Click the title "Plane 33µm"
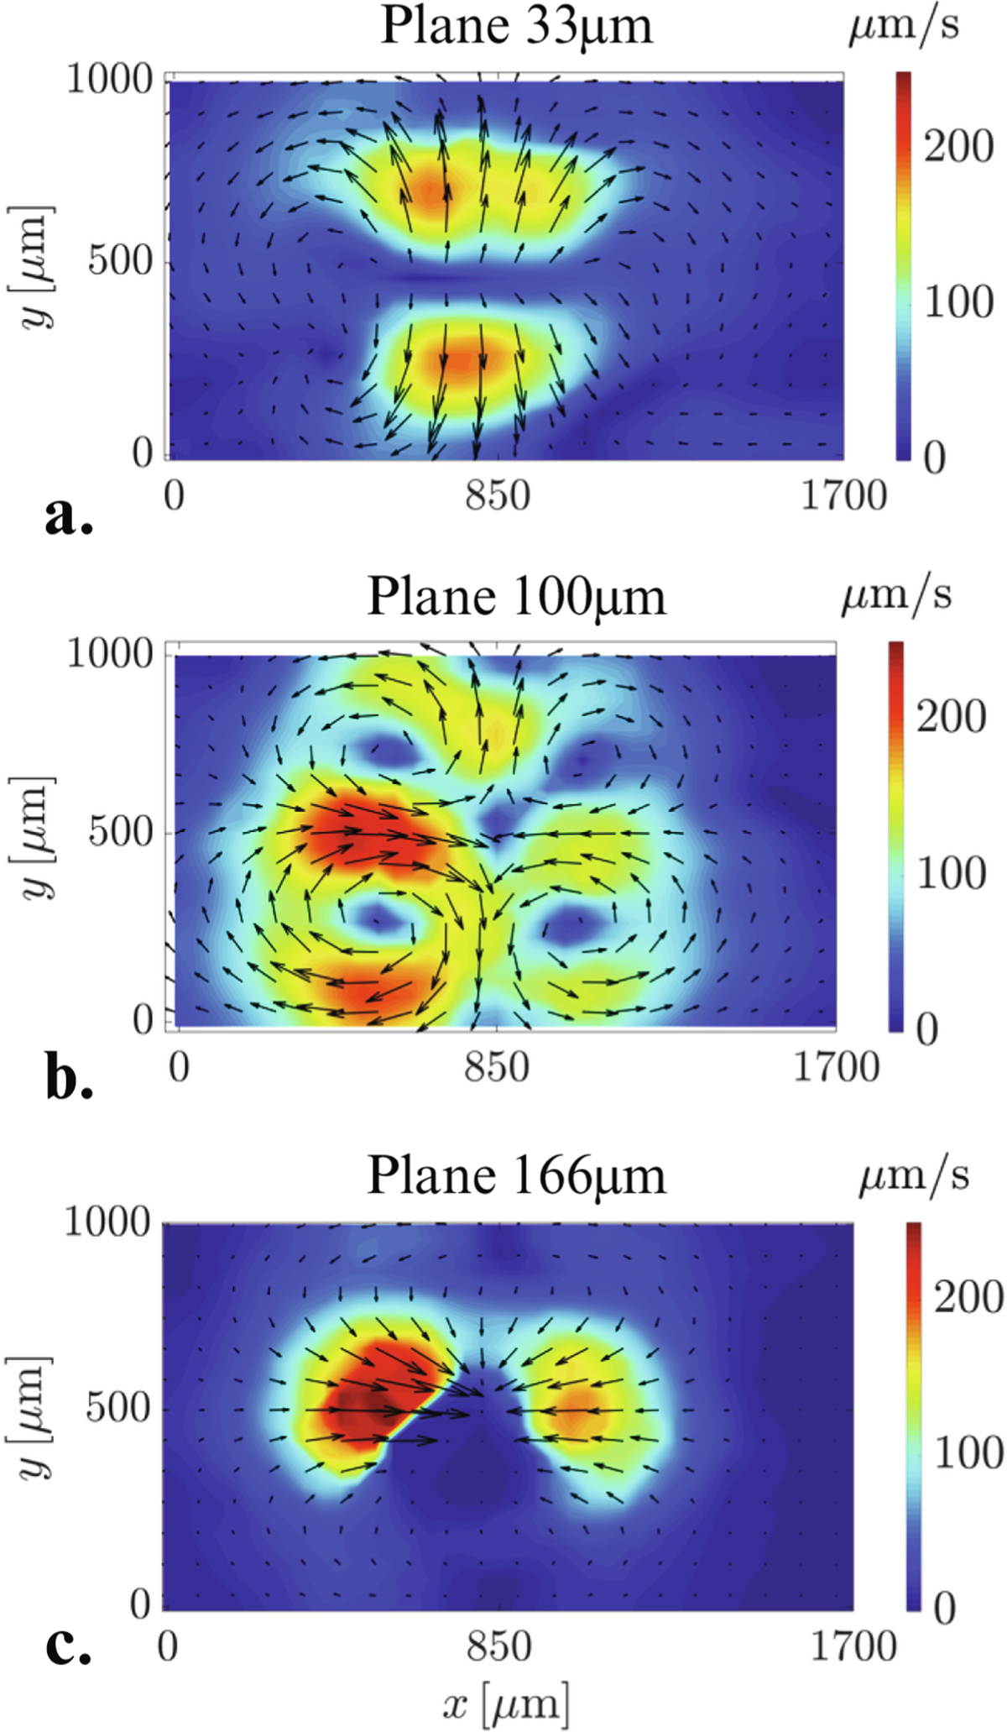pyautogui.click(x=516, y=27)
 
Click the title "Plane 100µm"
pyautogui.click(x=516, y=598)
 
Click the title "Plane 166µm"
pyautogui.click(x=516, y=1175)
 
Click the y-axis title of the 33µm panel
pyautogui.click(x=35, y=267)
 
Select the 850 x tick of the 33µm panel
pyautogui.click(x=498, y=496)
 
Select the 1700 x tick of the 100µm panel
pyautogui.click(x=836, y=1067)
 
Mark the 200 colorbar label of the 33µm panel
pyautogui.click(x=958, y=147)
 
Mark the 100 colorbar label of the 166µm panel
pyautogui.click(x=968, y=1452)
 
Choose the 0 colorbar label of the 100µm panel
pyautogui.click(x=926, y=1030)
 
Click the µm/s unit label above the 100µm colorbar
pyautogui.click(x=896, y=595)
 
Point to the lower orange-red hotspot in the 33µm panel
pyautogui.click(x=462, y=359)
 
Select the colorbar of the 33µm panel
pyautogui.click(x=903, y=265)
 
